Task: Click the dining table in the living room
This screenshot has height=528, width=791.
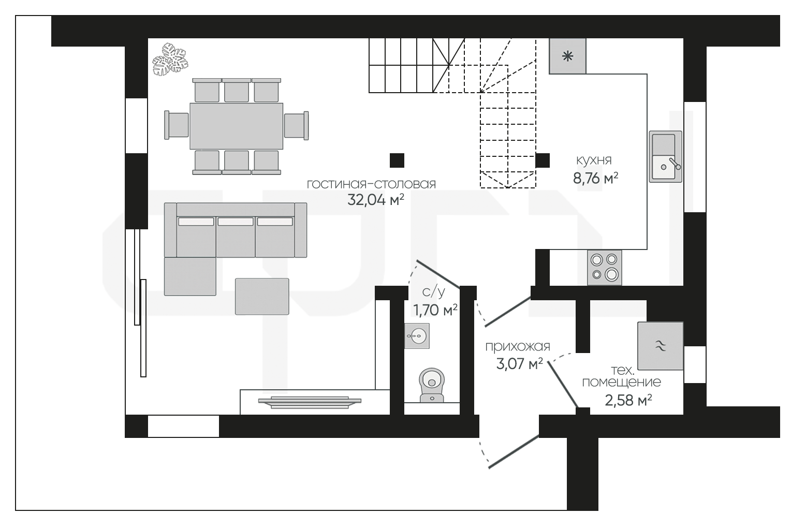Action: pos(236,126)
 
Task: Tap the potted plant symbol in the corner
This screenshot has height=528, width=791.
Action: pos(170,60)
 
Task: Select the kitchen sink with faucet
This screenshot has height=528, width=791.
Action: pos(665,156)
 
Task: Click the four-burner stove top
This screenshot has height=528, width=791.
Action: pos(605,267)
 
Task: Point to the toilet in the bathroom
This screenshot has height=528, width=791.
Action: pos(432,385)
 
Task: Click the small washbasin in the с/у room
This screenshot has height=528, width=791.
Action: pos(417,335)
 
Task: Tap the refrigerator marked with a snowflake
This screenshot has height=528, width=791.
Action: pos(567,56)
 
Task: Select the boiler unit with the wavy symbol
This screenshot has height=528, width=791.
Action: pos(661,346)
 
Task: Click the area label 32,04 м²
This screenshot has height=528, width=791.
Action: pos(376,200)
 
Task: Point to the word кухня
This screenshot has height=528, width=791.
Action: pos(594,160)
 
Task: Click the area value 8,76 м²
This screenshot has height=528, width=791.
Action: pos(595,178)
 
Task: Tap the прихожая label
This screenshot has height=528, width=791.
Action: pos(518,346)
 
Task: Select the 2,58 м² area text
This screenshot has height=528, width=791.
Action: pos(628,400)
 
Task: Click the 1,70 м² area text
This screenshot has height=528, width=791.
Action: pos(435,310)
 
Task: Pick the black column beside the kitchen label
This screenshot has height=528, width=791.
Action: pos(543,160)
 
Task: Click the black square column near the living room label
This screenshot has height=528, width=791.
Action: pos(397,160)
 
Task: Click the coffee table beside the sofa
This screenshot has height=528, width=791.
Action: pos(262,296)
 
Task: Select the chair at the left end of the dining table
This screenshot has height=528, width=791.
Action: pos(177,125)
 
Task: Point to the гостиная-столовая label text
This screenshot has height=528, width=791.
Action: pos(372,184)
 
